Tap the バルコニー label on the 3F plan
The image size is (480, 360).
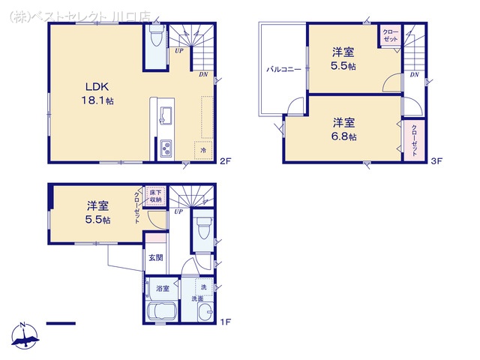click(x=283, y=69)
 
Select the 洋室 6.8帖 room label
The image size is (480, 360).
click(x=345, y=128)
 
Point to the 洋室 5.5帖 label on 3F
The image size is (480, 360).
click(x=345, y=58)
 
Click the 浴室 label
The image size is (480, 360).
click(x=163, y=288)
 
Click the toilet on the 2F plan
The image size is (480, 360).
click(x=156, y=36)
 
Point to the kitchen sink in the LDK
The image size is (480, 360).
click(x=166, y=115)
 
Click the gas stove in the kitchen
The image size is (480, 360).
click(x=165, y=149)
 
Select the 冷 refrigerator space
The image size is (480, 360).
click(x=202, y=150)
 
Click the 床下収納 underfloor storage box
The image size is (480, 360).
click(x=154, y=196)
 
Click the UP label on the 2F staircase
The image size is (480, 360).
click(x=178, y=51)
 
